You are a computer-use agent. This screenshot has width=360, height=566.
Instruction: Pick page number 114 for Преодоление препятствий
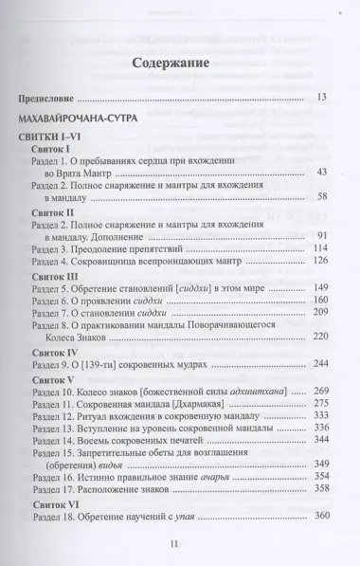pos(319,248)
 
